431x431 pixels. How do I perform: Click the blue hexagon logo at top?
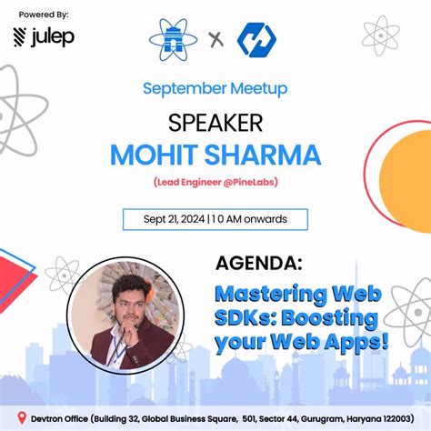[256, 39]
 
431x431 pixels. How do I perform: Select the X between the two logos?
[215, 40]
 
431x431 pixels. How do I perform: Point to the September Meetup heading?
[215, 89]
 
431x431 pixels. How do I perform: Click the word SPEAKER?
[215, 122]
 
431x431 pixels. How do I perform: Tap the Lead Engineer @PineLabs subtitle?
[215, 182]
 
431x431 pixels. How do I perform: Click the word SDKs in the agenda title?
[246, 319]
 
